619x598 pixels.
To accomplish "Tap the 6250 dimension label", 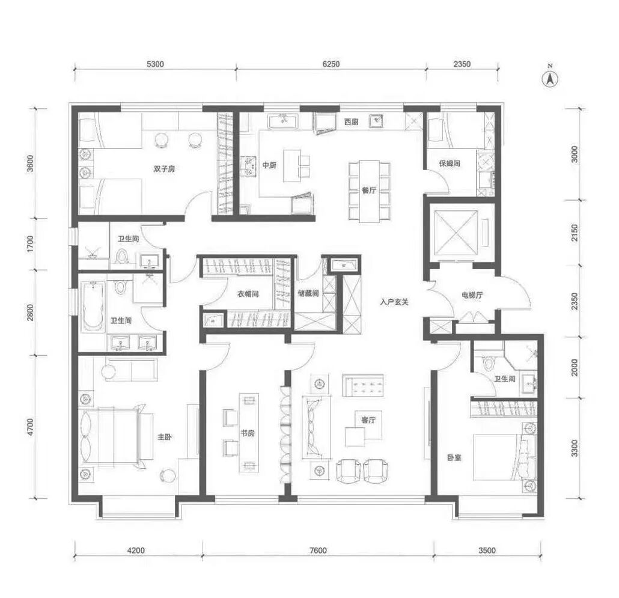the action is click(331, 64).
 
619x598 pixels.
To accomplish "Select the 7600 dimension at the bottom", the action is click(318, 551).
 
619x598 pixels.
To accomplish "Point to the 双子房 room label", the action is click(164, 169).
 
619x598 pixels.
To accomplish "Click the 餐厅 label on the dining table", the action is click(369, 191).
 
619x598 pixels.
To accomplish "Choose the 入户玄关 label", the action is click(394, 302).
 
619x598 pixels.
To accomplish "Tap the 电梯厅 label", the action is click(472, 295).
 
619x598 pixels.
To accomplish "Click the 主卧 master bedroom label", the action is click(165, 437).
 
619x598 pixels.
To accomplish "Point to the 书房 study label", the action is click(248, 433).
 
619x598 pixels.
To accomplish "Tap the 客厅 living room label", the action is click(368, 420).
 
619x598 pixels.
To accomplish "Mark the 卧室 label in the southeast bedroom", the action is click(454, 458).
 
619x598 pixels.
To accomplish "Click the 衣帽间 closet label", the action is click(248, 294).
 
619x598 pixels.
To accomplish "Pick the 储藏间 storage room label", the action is click(308, 293).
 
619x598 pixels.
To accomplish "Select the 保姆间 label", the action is click(450, 163).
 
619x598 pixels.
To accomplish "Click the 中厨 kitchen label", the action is click(269, 165).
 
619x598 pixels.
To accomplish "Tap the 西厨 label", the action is click(351, 121).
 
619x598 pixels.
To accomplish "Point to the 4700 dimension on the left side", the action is click(31, 427).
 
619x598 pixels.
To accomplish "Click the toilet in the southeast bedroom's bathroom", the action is click(489, 363).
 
